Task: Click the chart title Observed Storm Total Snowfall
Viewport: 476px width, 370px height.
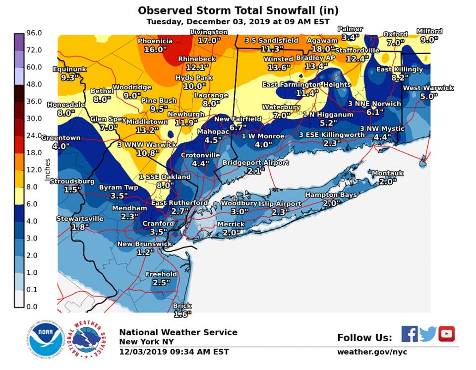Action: [x=238, y=10]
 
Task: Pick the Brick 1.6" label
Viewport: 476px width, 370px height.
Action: [x=181, y=310]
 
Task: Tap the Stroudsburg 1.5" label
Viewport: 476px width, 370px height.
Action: [x=72, y=185]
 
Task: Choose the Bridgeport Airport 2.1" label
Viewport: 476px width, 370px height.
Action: [x=255, y=167]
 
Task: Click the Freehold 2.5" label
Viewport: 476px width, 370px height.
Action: [x=161, y=278]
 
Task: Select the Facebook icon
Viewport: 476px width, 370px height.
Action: [x=409, y=334]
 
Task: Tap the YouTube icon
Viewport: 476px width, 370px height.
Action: [x=446, y=334]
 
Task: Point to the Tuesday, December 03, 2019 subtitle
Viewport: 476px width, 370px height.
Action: [x=238, y=22]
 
